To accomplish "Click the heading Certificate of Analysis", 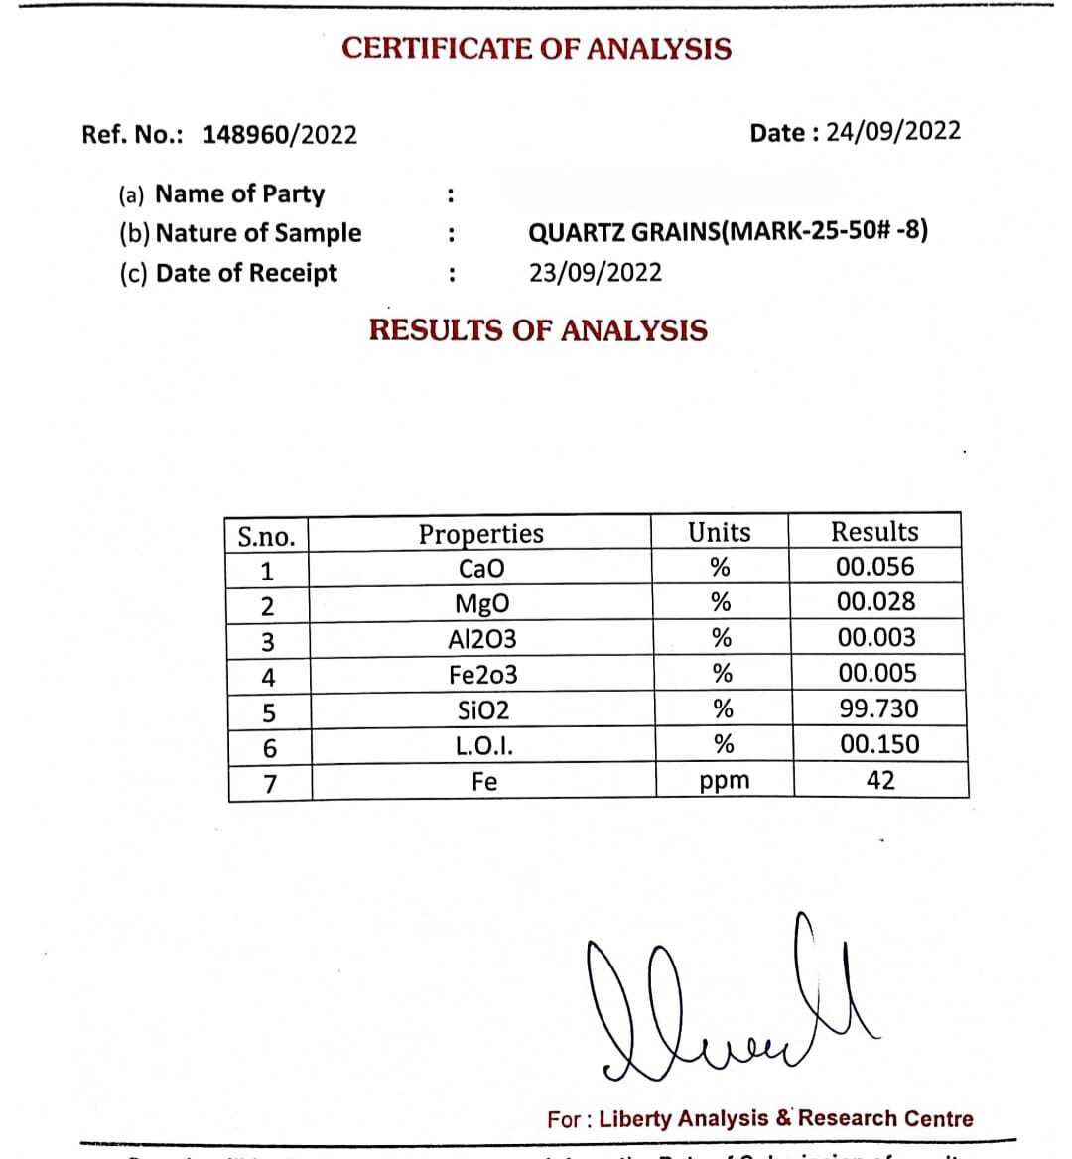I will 536,49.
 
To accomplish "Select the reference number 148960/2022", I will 280,135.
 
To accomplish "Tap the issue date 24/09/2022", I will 893,132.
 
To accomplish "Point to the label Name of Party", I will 239,193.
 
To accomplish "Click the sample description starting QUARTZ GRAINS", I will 728,232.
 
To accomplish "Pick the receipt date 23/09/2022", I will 595,273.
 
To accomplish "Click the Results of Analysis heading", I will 538,330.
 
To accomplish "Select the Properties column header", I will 481,534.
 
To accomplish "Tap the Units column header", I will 720,533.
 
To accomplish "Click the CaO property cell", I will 481,569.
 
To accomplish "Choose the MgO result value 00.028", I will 875,602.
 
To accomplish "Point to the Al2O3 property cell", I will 482,639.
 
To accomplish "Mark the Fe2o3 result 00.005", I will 877,674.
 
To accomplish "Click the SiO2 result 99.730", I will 878,709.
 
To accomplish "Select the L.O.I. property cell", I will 484,746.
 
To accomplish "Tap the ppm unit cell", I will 725,781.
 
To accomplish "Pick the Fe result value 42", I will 880,781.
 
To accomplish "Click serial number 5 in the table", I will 268,712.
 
